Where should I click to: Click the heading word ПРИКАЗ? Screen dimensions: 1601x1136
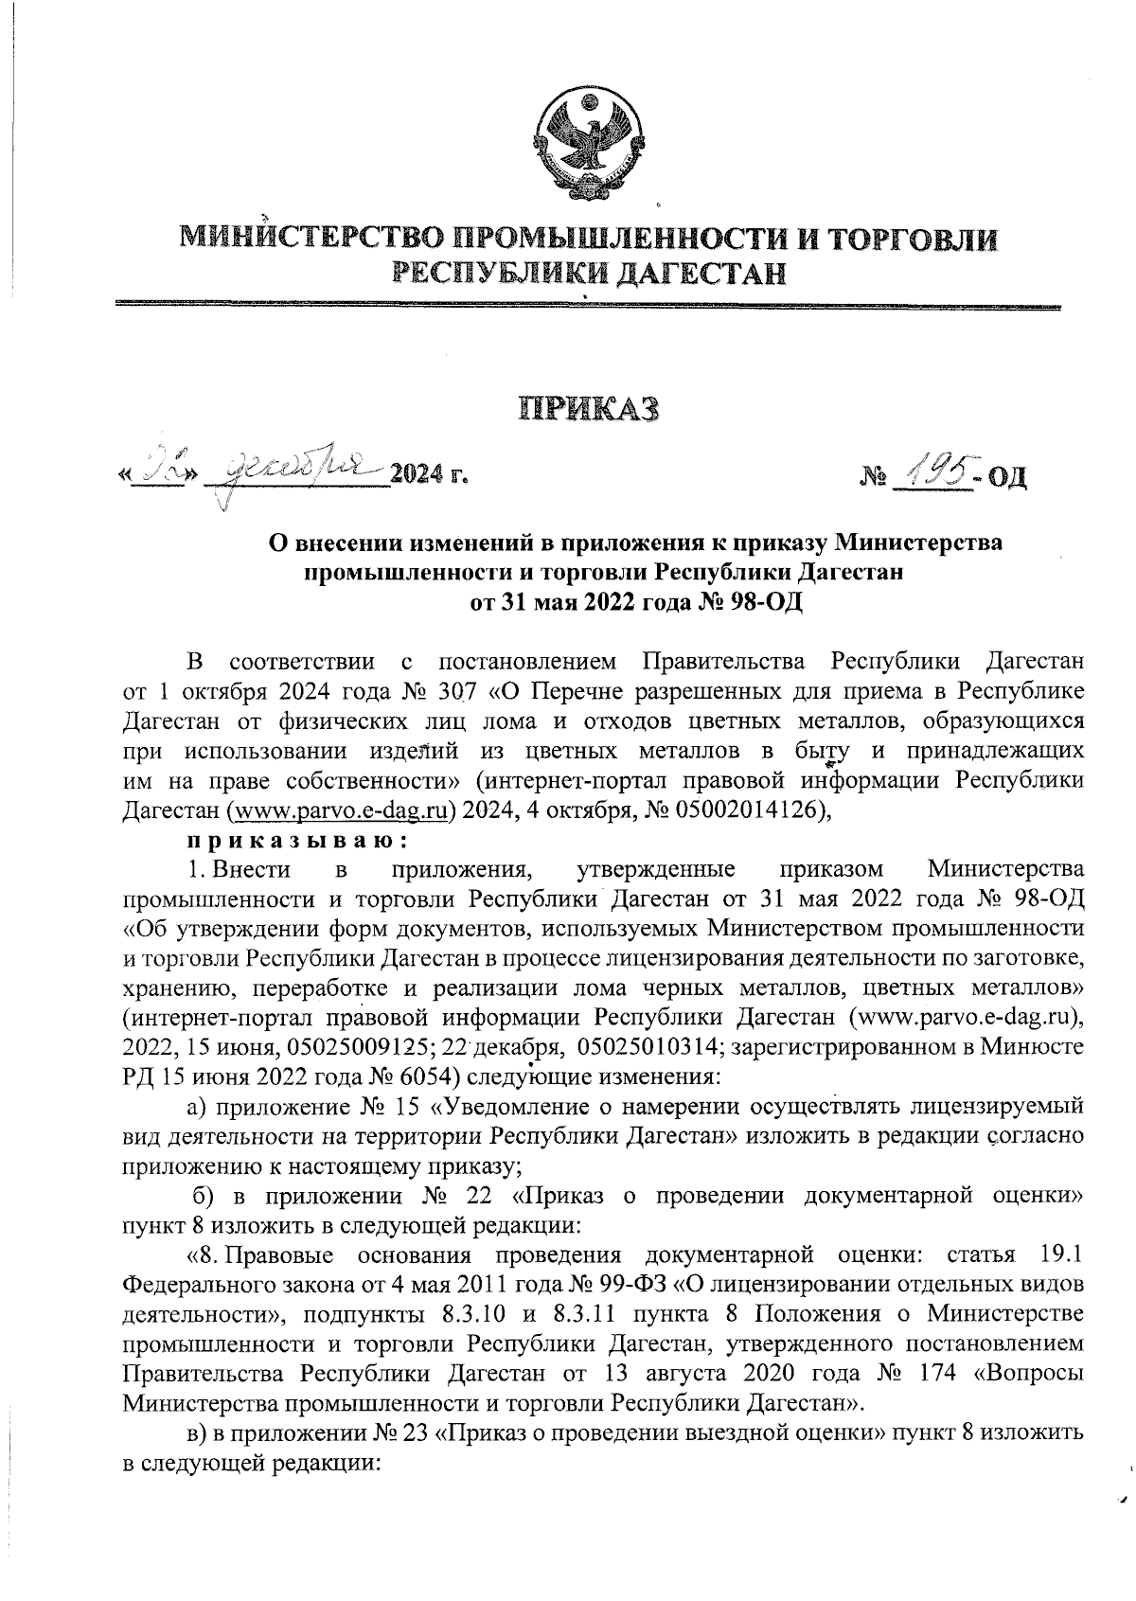pyautogui.click(x=587, y=411)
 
